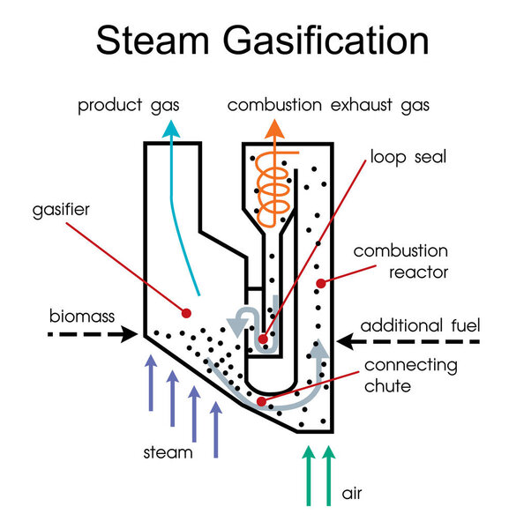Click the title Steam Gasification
click(x=263, y=41)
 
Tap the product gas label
click(x=128, y=106)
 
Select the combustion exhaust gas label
click(x=328, y=106)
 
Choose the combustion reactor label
click(x=402, y=262)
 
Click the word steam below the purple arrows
click(x=168, y=453)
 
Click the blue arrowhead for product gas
click(x=171, y=128)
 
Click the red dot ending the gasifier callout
click(x=186, y=312)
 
